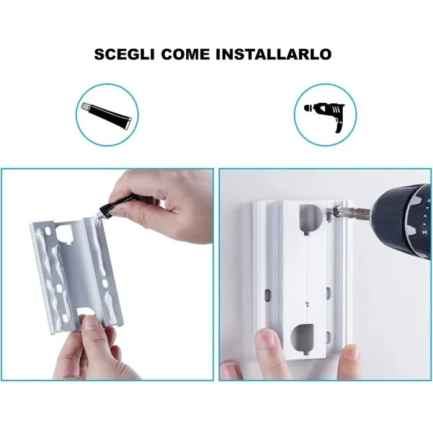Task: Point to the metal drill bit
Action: coord(351,213)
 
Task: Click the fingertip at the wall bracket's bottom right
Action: coord(350,353)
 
